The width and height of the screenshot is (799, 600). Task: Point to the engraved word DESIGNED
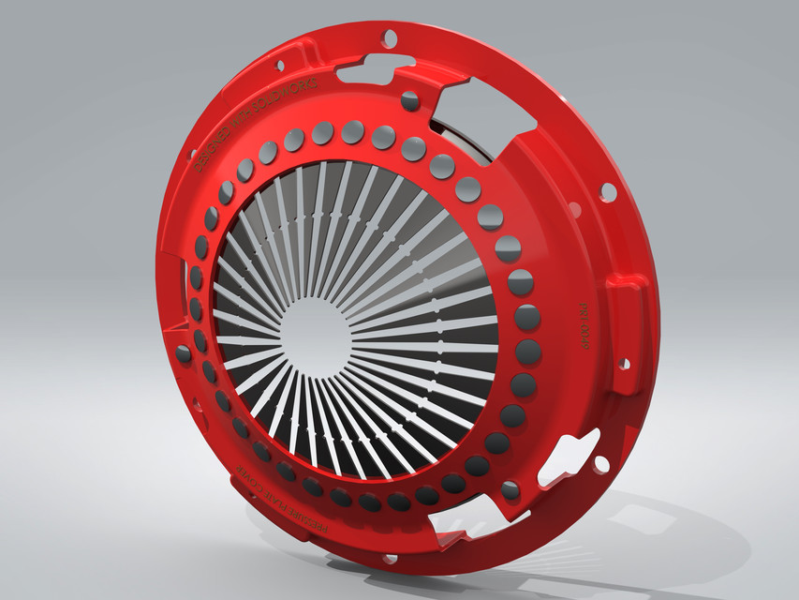tap(217, 145)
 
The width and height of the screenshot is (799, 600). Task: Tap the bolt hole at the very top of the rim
tap(390, 38)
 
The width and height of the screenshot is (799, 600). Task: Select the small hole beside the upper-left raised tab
tap(279, 66)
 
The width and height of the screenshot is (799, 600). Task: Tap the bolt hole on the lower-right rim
tap(600, 463)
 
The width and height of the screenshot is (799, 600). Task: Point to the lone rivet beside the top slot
tap(410, 100)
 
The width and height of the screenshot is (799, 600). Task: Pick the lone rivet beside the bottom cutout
tap(510, 489)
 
